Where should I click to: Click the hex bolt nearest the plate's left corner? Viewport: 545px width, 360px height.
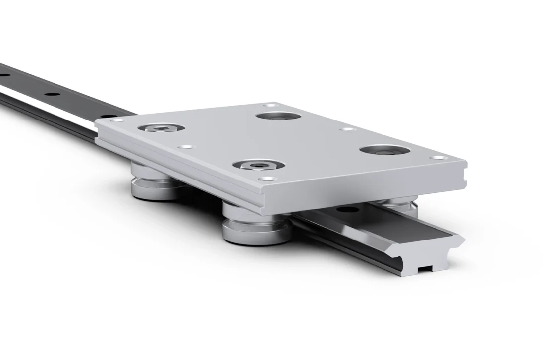(161, 128)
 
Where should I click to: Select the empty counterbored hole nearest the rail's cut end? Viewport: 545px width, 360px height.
(385, 150)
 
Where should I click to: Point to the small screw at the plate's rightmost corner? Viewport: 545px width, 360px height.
(438, 158)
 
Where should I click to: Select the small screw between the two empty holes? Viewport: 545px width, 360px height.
(347, 129)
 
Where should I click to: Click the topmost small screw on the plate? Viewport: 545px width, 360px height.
(270, 105)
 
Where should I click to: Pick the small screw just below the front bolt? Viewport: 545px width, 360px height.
(267, 178)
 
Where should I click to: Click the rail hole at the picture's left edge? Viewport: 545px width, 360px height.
(3, 75)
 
